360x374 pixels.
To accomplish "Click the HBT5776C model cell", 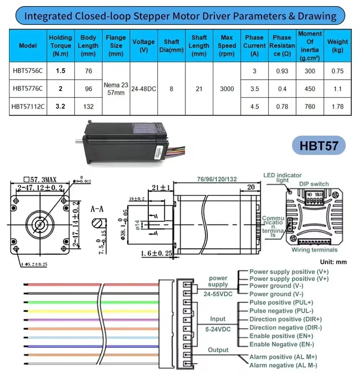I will coord(27,89).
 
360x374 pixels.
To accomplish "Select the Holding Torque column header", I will coord(60,46).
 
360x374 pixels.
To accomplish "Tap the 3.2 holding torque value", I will coord(60,107).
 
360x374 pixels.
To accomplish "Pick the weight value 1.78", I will coord(337,107).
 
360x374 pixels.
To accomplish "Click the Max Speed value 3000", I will coord(227,89).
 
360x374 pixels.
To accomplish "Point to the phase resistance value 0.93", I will coord(282,71).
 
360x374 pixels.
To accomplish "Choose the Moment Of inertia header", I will coord(310,46).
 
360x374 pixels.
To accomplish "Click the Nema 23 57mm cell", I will coord(116,89).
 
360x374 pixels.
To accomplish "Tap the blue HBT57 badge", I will coord(319,146).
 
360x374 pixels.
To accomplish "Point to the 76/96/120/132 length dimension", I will coord(217,179).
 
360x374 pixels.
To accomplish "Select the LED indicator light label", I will coord(282,177).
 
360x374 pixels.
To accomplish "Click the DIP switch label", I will coord(314,184).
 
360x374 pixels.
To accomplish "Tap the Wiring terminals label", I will coord(314,250).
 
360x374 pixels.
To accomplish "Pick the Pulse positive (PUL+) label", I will coord(281,302).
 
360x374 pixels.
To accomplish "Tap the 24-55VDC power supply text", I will coord(217,294).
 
